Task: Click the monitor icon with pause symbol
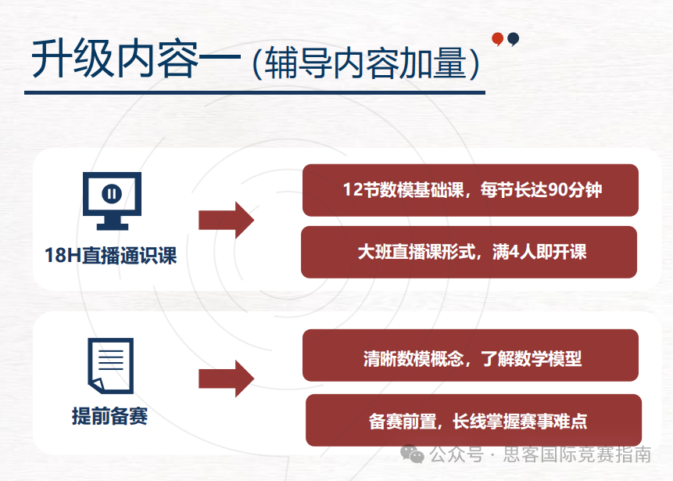pos(112,200)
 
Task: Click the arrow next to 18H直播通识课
pos(226,220)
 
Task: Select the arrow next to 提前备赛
pos(226,379)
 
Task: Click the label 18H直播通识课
pos(111,255)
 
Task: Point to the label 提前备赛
pos(109,416)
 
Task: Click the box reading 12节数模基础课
pos(470,190)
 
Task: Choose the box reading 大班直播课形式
pos(469,252)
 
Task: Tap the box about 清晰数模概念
pos(470,359)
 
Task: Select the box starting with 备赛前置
pos(473,421)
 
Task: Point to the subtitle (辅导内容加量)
pos(366,63)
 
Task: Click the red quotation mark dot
pos(497,38)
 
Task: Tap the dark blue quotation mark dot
pos(513,38)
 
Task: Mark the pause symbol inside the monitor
pos(112,192)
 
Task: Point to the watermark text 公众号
pos(456,454)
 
